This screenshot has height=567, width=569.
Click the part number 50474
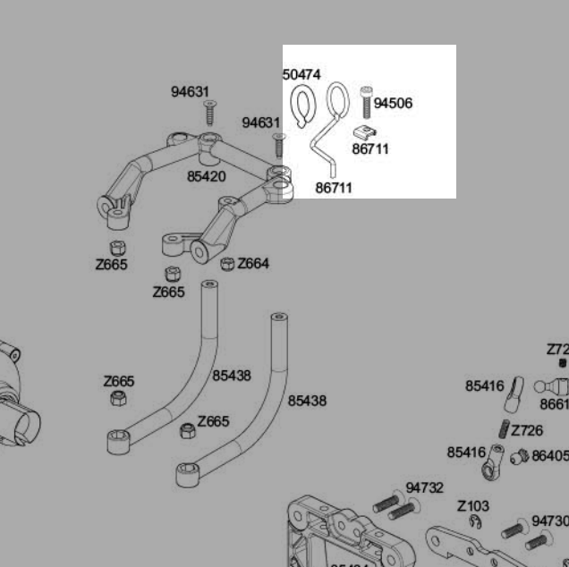[301, 75]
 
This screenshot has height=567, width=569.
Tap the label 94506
[393, 104]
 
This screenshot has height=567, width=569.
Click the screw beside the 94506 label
[366, 101]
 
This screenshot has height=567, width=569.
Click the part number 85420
[206, 177]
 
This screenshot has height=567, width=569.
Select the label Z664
[253, 264]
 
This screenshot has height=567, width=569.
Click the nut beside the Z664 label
[227, 264]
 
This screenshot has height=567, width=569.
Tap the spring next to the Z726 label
[504, 430]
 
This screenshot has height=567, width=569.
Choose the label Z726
[527, 431]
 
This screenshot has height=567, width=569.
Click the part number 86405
[550, 456]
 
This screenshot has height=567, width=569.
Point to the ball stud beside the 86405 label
[517, 458]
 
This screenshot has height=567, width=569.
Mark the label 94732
[424, 488]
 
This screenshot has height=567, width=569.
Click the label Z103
[473, 507]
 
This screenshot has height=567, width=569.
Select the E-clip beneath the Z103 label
[474, 522]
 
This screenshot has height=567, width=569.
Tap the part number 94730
[549, 521]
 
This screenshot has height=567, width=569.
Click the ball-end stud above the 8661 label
[551, 387]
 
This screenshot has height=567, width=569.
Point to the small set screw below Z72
[562, 363]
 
